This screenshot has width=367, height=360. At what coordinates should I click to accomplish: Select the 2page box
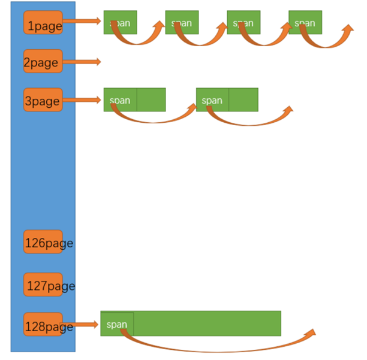point(43,61)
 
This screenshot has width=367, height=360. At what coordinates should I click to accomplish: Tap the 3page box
point(43,99)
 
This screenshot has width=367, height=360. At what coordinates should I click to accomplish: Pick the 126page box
point(43,242)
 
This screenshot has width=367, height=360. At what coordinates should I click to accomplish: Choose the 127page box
point(43,285)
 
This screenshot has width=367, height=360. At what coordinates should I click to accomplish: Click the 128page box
point(43,325)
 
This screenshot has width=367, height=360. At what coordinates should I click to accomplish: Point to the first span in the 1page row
point(120,23)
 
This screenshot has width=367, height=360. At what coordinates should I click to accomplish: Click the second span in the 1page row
point(182,23)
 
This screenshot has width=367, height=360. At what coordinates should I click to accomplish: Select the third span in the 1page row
point(243,23)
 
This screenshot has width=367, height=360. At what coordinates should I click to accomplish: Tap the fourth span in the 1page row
point(305,23)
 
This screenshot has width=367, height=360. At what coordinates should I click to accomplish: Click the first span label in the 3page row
point(120,100)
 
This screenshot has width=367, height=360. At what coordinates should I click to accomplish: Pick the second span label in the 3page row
point(212,100)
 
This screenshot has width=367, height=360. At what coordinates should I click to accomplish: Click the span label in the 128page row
point(117,324)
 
